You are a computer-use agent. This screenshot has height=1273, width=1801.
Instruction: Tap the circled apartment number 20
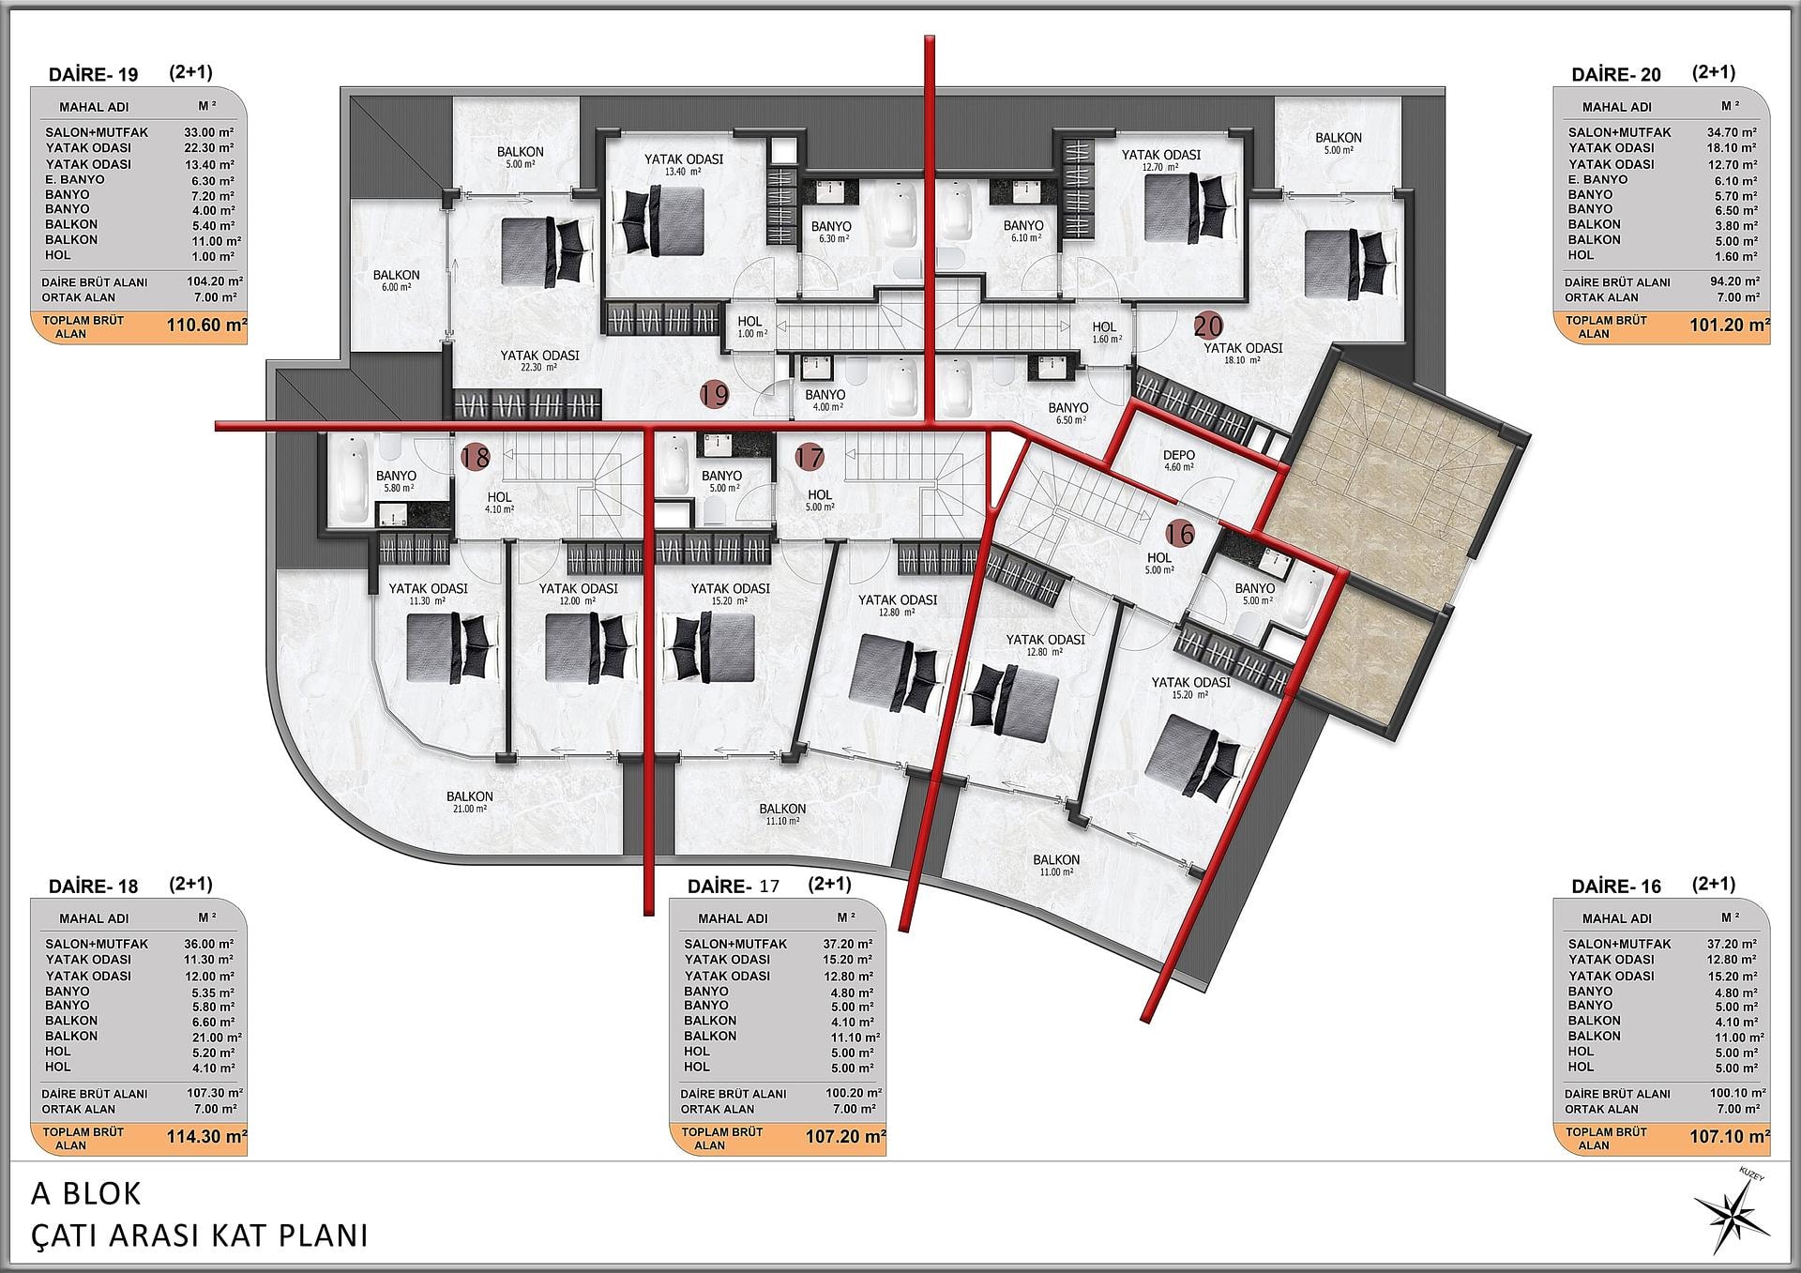(x=1208, y=326)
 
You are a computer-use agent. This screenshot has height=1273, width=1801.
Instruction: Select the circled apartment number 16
(x=1180, y=534)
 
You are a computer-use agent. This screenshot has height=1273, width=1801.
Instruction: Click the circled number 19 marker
(x=715, y=395)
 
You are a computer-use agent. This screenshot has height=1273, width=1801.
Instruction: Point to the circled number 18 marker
(x=476, y=458)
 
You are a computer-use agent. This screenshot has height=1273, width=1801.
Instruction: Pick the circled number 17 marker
(x=810, y=458)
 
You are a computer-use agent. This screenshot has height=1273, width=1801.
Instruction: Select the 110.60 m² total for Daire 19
(x=206, y=326)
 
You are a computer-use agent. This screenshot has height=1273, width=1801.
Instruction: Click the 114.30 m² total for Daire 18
(x=206, y=1137)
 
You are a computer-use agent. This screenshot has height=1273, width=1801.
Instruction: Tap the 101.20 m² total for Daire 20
(x=1730, y=326)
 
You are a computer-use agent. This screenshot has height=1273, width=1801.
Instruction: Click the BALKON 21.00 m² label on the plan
(x=469, y=801)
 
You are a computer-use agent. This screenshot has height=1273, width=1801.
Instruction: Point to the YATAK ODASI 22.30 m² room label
(x=539, y=360)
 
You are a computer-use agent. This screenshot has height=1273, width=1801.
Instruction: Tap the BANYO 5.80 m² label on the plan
(x=396, y=481)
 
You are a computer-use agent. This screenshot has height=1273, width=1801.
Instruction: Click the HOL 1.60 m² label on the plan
(x=1105, y=332)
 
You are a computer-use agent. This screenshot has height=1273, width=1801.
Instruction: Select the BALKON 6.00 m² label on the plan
(x=396, y=280)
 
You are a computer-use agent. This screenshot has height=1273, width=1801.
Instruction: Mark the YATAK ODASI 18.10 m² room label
(x=1243, y=353)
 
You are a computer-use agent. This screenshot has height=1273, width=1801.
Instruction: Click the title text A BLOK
(x=86, y=1193)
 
